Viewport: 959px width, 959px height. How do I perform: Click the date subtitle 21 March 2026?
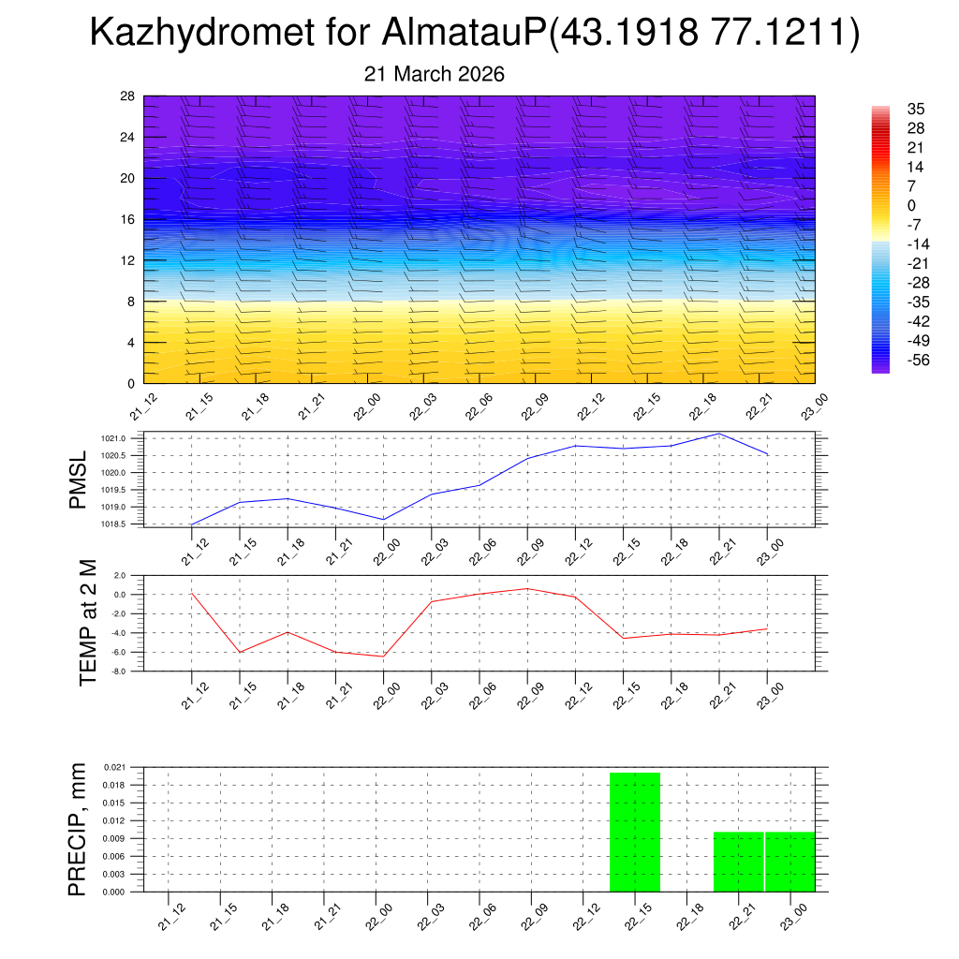(x=434, y=74)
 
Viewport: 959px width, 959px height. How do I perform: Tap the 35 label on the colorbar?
(x=916, y=109)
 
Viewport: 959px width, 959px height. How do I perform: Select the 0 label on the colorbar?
(x=911, y=205)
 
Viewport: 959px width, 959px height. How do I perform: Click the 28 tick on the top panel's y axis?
(x=127, y=96)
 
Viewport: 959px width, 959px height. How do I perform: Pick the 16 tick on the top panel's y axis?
(x=127, y=219)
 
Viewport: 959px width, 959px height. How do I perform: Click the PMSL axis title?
(x=78, y=479)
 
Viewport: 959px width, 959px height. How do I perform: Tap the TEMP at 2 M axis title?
(x=88, y=623)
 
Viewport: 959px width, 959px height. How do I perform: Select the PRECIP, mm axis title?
(x=78, y=829)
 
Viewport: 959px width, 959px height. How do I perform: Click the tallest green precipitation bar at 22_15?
(x=635, y=832)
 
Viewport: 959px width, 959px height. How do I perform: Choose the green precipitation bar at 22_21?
(x=738, y=862)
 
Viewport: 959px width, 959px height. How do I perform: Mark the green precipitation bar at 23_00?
(x=790, y=862)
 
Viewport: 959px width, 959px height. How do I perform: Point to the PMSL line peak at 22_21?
(x=718, y=434)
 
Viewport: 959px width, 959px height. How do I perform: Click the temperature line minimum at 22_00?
(x=383, y=657)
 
